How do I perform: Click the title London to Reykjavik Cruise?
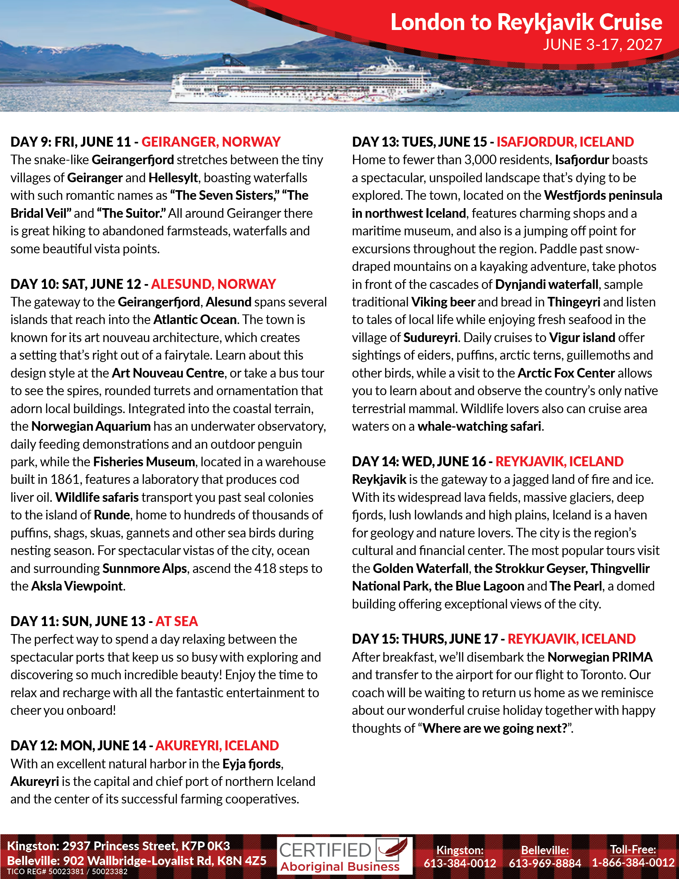(x=526, y=22)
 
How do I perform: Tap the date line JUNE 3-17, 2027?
(x=602, y=44)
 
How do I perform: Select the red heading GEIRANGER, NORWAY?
(x=211, y=142)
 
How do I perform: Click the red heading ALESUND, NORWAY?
(x=213, y=284)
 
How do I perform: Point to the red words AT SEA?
(x=177, y=621)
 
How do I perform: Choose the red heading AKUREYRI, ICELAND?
(x=217, y=746)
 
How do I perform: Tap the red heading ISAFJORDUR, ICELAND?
(x=565, y=142)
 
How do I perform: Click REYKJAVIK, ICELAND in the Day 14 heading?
(x=559, y=461)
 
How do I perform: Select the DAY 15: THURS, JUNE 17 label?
(x=425, y=639)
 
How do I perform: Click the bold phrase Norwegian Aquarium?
(x=91, y=426)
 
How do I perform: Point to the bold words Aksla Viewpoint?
(x=77, y=586)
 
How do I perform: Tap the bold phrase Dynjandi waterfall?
(x=547, y=284)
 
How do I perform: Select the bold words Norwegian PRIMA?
(x=600, y=657)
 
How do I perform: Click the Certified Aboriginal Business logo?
(x=344, y=856)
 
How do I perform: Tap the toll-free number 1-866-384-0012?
(x=633, y=863)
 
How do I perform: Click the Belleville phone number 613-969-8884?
(x=545, y=863)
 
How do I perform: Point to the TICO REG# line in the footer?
(x=67, y=872)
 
